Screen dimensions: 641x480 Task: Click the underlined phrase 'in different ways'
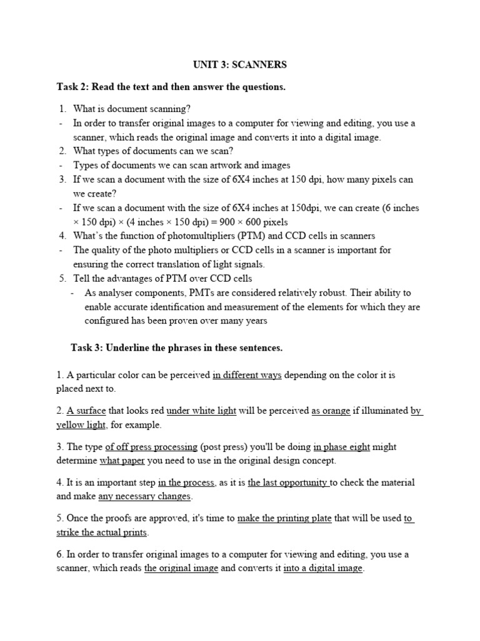click(247, 375)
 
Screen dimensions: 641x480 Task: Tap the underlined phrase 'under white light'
click(201, 411)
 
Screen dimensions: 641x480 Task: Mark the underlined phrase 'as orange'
click(331, 411)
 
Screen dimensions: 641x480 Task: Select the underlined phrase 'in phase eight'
click(342, 446)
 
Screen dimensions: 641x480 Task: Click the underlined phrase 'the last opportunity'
click(289, 483)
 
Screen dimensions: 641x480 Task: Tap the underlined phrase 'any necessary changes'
click(144, 496)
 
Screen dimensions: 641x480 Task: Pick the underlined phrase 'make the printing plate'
click(284, 518)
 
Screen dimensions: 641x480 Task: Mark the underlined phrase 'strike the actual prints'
click(102, 532)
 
